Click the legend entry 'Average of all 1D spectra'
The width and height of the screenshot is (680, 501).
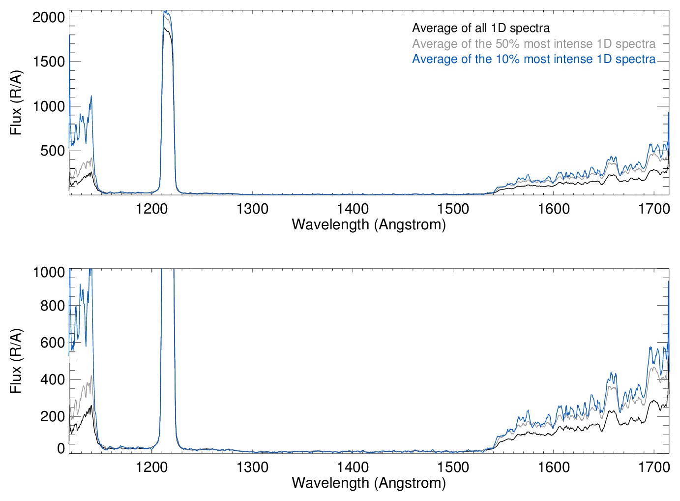480,28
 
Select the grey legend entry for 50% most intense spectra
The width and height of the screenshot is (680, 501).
533,44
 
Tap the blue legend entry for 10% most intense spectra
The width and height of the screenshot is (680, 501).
533,59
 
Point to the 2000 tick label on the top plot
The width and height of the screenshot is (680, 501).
49,17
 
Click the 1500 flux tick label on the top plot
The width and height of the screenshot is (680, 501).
49,62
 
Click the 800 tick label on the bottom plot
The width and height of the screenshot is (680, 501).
53,306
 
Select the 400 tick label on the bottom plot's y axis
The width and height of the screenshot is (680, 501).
53,379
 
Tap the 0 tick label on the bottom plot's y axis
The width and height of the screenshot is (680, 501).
61,448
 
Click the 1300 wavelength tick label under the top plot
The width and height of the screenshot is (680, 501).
252,209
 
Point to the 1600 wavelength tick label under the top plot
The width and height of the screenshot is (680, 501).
554,209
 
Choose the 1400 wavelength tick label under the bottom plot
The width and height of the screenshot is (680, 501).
353,467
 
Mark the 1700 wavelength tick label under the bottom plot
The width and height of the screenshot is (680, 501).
654,467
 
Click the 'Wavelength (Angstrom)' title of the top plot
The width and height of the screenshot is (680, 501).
369,225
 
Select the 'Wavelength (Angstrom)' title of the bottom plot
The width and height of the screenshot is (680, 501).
369,483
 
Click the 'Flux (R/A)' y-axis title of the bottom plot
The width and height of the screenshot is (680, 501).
16,361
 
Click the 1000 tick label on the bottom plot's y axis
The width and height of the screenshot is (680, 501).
49,272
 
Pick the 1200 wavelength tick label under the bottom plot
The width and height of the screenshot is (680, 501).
152,467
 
